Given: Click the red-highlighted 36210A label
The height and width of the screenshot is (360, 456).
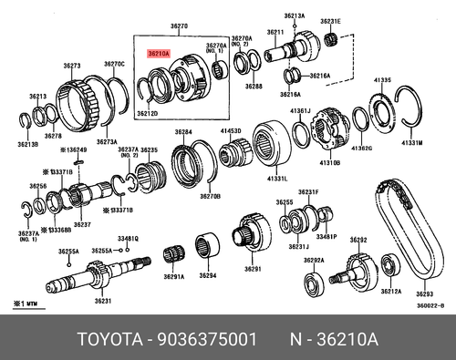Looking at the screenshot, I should [158, 54].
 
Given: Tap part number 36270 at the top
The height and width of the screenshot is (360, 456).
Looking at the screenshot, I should [179, 27].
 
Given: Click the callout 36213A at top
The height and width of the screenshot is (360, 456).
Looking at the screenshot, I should [294, 15].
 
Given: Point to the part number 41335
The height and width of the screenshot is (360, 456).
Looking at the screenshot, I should [381, 81].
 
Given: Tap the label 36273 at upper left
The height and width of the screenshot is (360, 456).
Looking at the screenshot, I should [73, 66].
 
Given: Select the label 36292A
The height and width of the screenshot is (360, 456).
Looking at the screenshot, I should [314, 261].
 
